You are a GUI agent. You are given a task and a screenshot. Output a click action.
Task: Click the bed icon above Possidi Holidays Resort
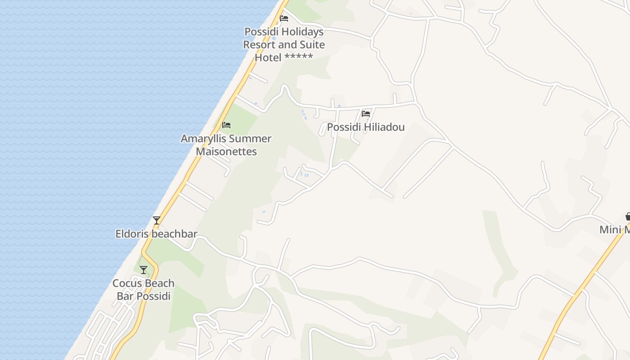(284, 18)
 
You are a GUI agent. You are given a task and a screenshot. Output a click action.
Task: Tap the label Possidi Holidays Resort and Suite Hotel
(284, 45)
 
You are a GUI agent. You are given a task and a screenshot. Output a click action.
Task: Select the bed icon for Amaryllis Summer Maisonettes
(226, 125)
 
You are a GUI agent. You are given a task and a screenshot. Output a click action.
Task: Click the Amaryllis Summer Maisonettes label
(226, 145)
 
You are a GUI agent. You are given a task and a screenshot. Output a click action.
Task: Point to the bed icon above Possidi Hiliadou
(366, 114)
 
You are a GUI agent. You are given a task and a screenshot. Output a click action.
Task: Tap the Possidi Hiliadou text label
(365, 127)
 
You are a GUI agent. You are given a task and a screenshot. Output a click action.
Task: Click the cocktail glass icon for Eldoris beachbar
(157, 220)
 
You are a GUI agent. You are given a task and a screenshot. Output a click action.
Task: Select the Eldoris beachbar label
(156, 234)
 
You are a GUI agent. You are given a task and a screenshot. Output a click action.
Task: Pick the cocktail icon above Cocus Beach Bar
(144, 270)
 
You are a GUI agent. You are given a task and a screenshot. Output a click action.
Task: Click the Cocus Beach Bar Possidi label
(144, 290)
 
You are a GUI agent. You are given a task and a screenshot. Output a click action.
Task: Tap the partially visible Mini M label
(615, 230)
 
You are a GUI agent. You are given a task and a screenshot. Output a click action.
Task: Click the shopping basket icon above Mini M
(628, 216)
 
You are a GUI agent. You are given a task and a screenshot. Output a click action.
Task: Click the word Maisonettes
(226, 152)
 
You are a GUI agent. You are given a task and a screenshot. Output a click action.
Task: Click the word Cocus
(127, 283)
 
